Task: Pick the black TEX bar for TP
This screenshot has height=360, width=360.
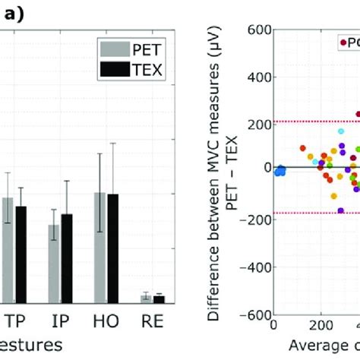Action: [x=21, y=254]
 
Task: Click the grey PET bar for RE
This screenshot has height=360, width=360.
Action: [x=145, y=298]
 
